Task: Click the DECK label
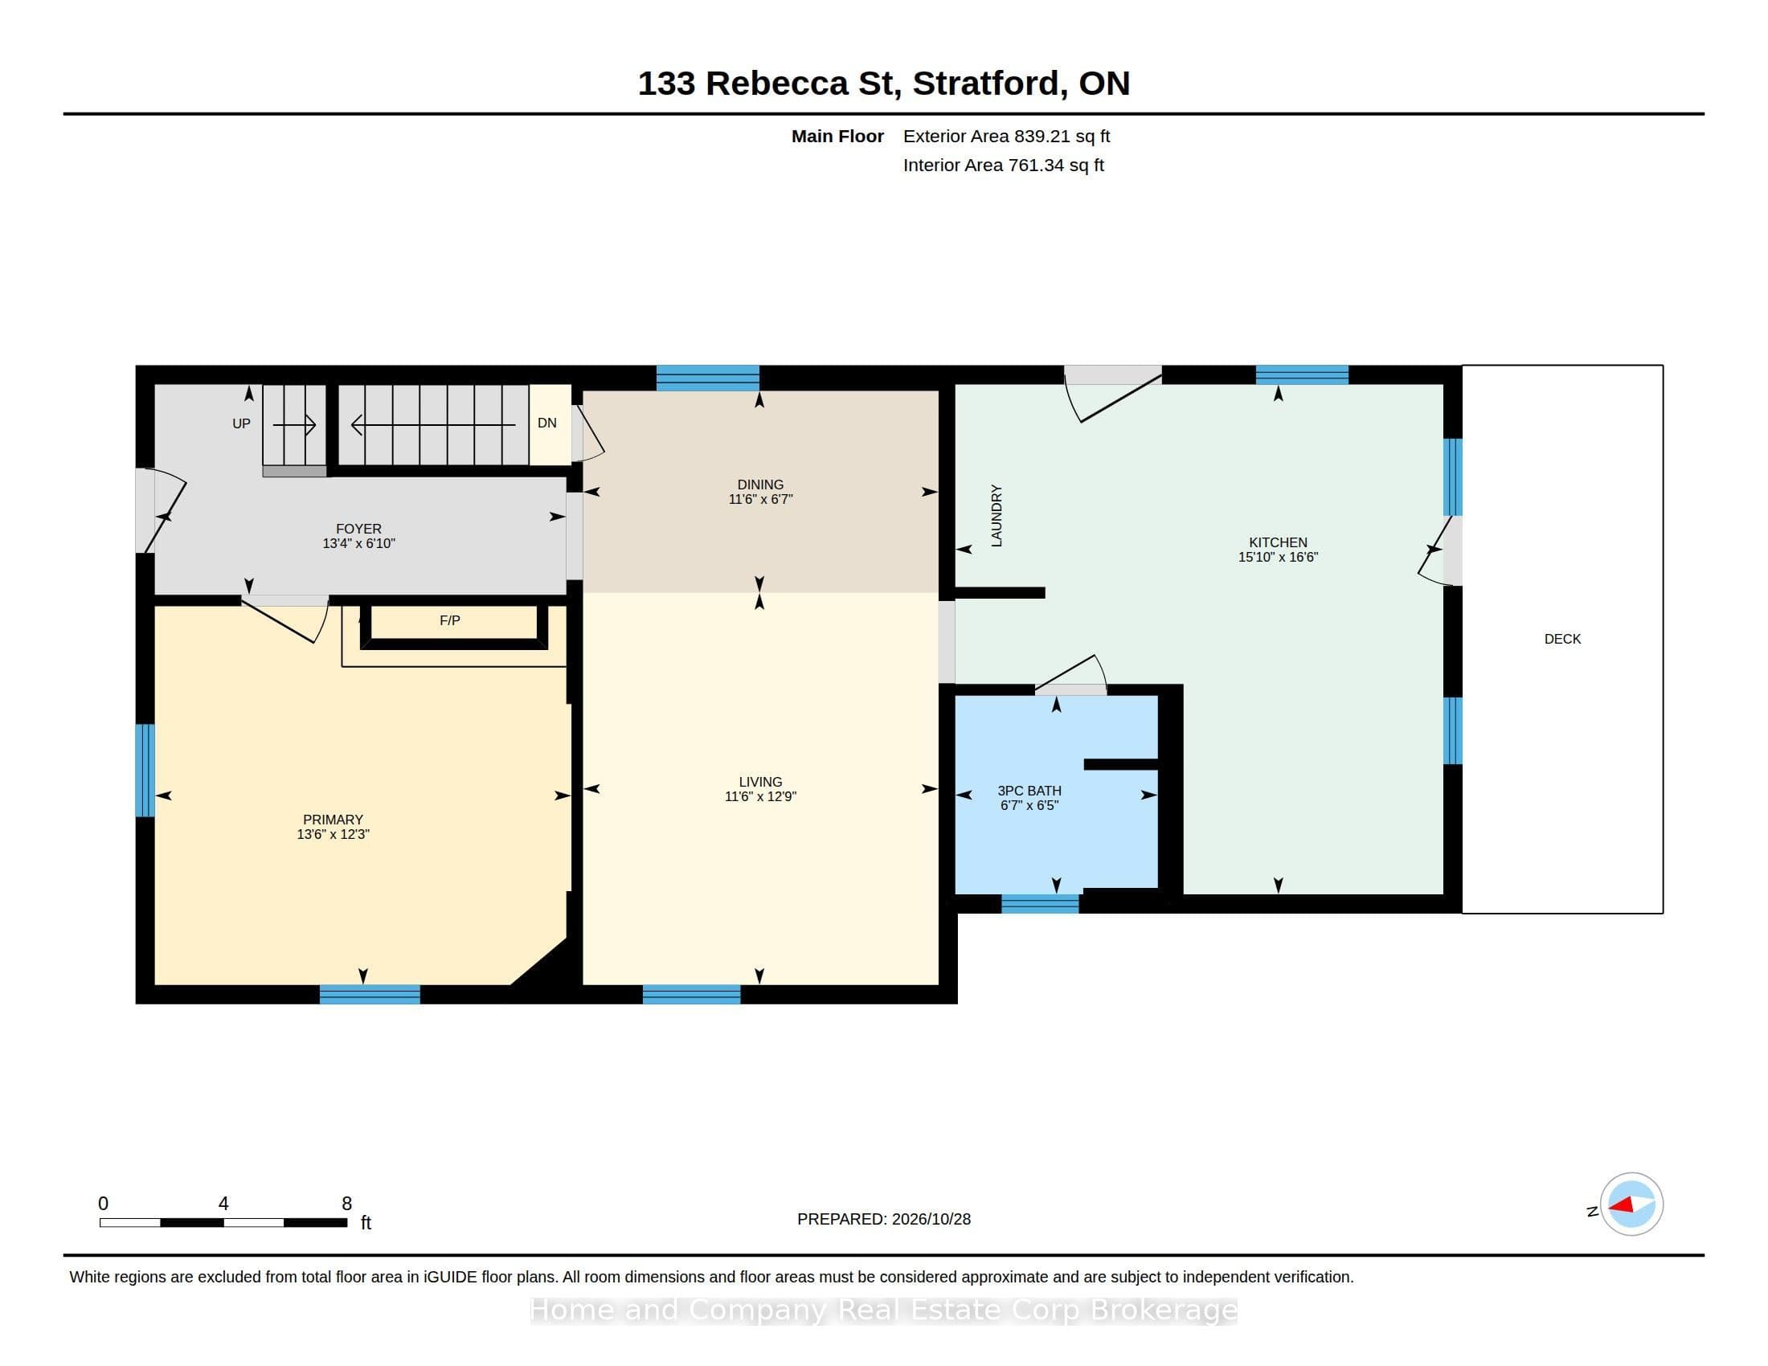[1562, 640]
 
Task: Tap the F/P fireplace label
[450, 620]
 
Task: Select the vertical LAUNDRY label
[997, 516]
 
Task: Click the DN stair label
[547, 423]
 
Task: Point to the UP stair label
[241, 423]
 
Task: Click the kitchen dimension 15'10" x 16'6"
[1279, 557]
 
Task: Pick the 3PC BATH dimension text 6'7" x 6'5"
[1029, 805]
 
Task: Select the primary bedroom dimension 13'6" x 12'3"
[333, 834]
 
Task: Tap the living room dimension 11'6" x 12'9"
[760, 796]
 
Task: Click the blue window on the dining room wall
[707, 378]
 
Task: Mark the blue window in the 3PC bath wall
[1040, 904]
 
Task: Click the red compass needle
[1621, 1205]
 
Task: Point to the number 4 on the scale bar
[223, 1204]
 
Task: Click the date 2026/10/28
[931, 1219]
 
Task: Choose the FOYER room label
[358, 529]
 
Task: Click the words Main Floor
[837, 136]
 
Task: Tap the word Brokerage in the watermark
[1164, 1311]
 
